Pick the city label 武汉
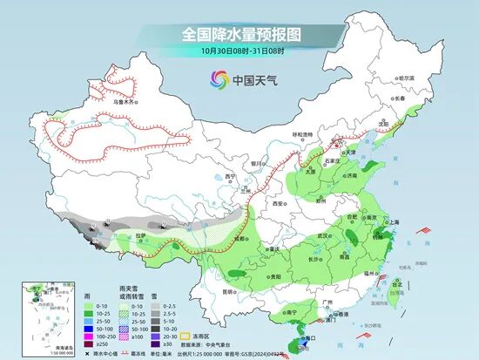pos(324,235)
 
